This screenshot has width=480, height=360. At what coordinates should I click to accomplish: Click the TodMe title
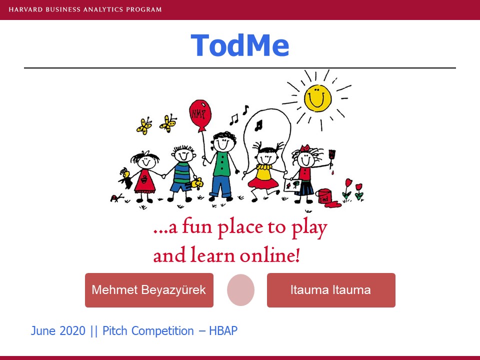239,45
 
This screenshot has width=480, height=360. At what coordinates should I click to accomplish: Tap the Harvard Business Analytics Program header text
85,9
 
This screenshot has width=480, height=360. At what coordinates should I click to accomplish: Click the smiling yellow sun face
317,98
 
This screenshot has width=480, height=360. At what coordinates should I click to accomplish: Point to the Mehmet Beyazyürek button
149,290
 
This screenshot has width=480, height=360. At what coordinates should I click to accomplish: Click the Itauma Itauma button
331,290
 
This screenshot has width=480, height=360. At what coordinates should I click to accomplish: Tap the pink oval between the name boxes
240,290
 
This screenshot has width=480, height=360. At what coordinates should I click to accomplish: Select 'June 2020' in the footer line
58,331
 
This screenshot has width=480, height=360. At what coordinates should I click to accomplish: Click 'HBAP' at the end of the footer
223,331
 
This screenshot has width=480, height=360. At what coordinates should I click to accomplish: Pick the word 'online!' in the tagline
269,255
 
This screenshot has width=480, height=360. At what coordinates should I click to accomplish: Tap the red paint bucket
324,196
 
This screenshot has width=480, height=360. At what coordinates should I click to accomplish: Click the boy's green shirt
222,164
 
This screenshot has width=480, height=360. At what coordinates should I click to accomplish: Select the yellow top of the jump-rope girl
264,172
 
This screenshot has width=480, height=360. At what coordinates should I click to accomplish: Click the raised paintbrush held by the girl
332,158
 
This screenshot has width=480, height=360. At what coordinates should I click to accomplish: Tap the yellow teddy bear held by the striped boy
197,183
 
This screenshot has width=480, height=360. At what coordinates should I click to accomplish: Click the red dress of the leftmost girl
144,181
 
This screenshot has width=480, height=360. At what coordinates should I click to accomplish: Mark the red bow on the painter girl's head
305,149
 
